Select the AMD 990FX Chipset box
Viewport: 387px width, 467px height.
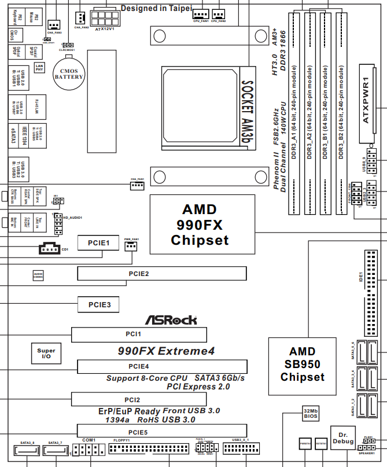pos(202,225)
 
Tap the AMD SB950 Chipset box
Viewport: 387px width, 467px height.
pos(302,365)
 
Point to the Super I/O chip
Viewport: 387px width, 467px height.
pos(46,354)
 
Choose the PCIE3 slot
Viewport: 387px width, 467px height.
pos(99,303)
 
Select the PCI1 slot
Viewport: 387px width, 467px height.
pos(139,334)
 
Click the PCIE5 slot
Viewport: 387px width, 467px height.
pos(162,431)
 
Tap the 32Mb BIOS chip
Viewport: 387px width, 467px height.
pos(311,413)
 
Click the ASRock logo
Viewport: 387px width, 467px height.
pos(171,319)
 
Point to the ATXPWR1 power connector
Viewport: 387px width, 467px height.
pos(373,104)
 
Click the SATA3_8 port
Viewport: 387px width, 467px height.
pos(28,451)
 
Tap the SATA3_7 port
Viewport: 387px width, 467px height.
pos(56,451)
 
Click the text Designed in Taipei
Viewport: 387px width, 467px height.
pos(155,9)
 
